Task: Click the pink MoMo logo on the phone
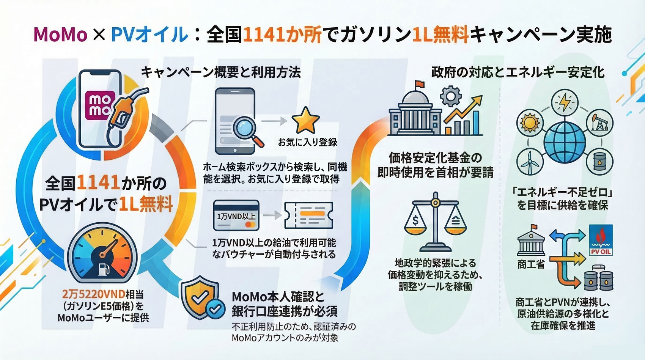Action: [100, 105]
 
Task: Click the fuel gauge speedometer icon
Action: [102, 253]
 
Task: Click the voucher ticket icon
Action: [308, 215]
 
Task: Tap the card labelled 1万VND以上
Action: [236, 215]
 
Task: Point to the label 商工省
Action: [531, 264]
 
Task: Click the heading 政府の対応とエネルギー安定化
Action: [518, 72]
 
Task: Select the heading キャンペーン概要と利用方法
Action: [221, 72]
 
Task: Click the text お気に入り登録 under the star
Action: [307, 142]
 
